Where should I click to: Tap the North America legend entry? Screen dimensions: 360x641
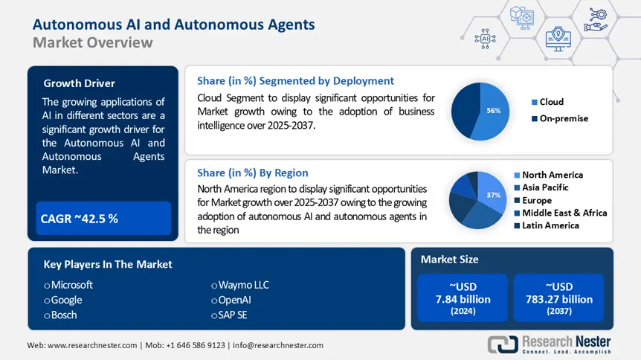pyautogui.click(x=552, y=175)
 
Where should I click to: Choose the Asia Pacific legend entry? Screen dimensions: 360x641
pyautogui.click(x=544, y=187)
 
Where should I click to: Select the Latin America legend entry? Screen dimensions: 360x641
pyautogui.click(x=550, y=225)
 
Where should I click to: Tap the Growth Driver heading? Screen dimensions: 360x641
pyautogui.click(x=80, y=83)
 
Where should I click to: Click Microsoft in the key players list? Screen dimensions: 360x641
pyautogui.click(x=71, y=285)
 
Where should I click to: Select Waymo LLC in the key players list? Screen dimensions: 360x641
pyautogui.click(x=244, y=285)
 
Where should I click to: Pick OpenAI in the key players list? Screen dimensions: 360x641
pyautogui.click(x=236, y=300)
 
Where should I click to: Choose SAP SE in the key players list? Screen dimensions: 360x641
pyautogui.click(x=236, y=315)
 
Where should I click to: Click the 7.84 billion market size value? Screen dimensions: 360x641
pyautogui.click(x=463, y=299)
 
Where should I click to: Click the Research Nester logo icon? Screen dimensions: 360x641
pyautogui.click(x=503, y=344)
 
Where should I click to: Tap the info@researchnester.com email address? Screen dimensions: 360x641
pyautogui.click(x=279, y=345)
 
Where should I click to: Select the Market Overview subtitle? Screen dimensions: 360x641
pyautogui.click(x=93, y=42)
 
